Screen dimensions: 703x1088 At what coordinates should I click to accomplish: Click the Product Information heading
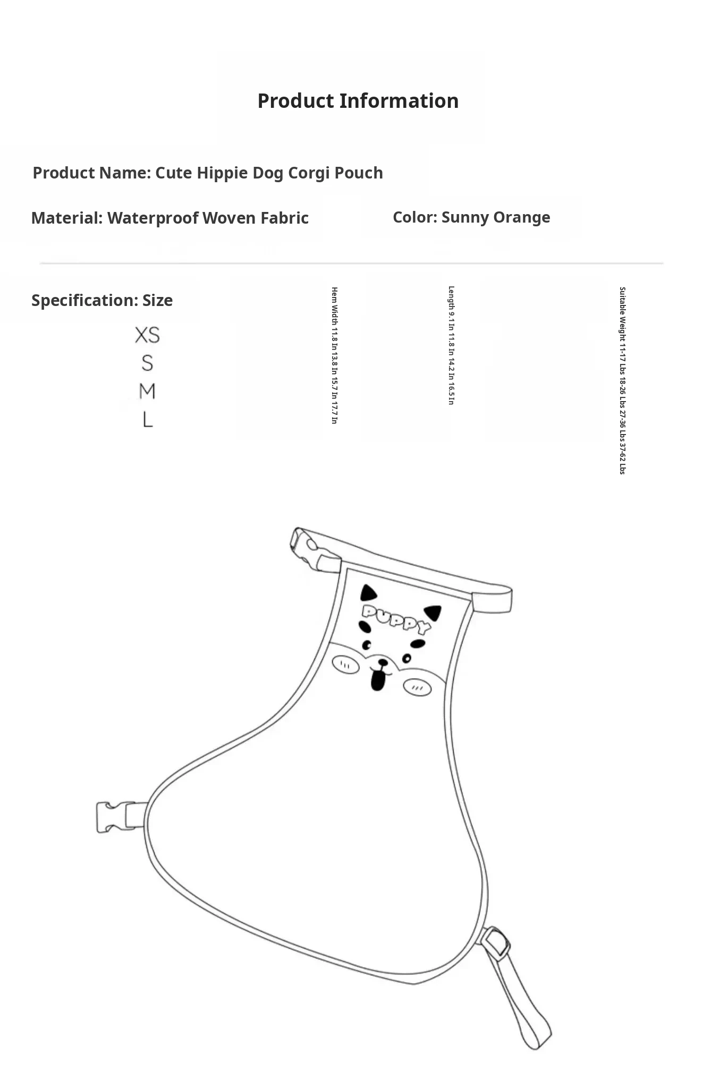358,101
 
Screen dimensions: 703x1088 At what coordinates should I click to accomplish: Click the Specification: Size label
102,300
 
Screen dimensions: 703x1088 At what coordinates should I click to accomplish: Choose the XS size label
147,335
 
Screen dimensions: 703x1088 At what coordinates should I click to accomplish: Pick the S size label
147,363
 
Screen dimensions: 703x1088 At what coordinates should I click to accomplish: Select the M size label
147,392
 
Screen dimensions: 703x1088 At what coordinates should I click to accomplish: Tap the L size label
147,420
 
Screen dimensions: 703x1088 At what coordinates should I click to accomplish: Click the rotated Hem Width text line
334,355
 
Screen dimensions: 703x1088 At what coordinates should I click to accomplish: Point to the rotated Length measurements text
451,346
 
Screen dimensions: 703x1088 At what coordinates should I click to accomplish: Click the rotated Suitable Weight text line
622,380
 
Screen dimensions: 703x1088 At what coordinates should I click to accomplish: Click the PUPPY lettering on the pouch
396,618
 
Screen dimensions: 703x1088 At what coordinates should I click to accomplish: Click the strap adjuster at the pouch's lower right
496,943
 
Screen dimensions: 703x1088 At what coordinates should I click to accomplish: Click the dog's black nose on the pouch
382,663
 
